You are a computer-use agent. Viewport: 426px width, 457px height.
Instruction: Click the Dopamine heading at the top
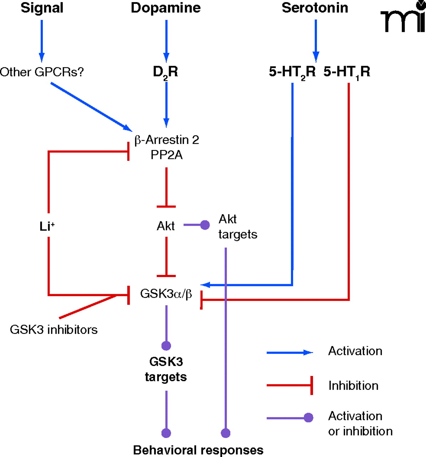[x=166, y=8]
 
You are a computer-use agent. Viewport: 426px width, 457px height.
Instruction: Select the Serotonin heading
[x=315, y=8]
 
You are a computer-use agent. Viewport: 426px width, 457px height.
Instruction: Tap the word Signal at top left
[x=42, y=8]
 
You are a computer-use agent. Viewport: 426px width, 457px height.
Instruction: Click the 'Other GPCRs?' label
[x=42, y=72]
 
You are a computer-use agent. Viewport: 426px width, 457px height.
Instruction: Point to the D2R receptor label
[x=165, y=72]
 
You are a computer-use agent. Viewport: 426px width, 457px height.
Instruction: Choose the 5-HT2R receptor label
[x=292, y=72]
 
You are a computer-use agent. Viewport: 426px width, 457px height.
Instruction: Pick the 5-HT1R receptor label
[x=347, y=72]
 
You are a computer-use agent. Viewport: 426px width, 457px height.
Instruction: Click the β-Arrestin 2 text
[x=166, y=140]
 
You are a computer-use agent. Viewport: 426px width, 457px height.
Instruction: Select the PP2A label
[x=166, y=155]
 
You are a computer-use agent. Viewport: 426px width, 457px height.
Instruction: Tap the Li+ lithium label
[x=47, y=226]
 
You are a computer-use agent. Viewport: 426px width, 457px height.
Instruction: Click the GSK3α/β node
[x=166, y=294]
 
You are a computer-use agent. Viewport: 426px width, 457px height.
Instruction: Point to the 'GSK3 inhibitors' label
[x=54, y=329]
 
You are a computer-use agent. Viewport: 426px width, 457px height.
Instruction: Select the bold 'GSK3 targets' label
[x=166, y=369]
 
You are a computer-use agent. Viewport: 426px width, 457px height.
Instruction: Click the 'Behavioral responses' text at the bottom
[x=198, y=450]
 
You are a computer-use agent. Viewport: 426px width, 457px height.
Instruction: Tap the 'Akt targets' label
[x=237, y=226]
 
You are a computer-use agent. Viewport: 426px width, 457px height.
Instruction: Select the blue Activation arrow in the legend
[x=289, y=353]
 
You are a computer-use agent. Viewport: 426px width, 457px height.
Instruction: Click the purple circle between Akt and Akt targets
[x=205, y=225]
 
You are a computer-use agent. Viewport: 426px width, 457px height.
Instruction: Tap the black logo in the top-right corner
[x=403, y=17]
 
